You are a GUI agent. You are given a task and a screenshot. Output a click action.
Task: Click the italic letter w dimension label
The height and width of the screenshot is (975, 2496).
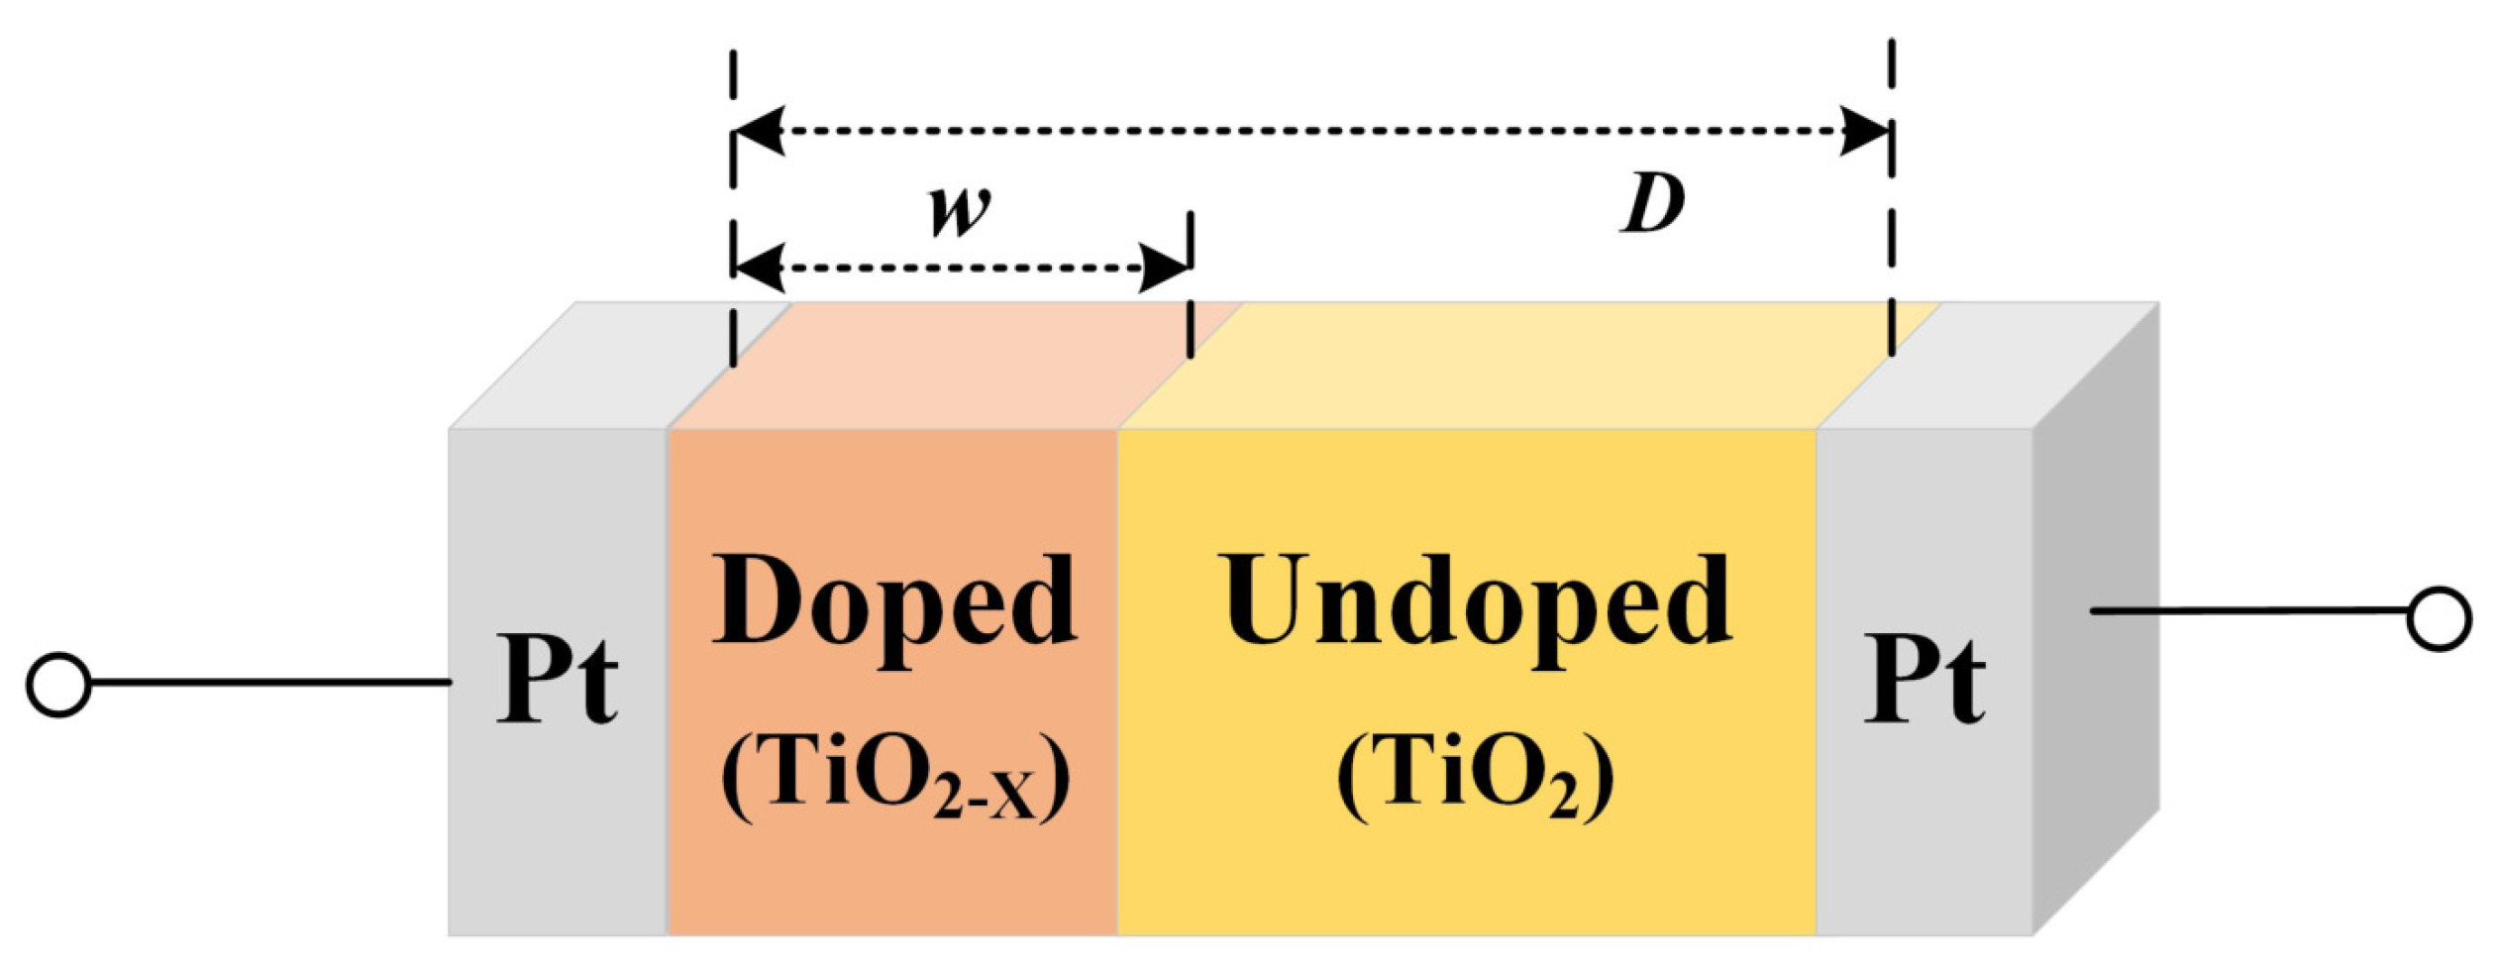(959, 209)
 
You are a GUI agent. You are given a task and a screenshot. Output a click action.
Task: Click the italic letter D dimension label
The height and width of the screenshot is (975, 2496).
(1653, 205)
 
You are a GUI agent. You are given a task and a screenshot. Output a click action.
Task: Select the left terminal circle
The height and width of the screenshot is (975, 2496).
(58, 684)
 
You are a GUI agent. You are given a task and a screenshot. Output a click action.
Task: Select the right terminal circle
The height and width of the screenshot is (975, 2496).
(2439, 619)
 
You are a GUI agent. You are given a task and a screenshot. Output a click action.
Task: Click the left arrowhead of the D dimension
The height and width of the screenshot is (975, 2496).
(759, 131)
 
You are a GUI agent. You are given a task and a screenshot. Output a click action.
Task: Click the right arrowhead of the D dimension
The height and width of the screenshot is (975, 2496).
(1865, 131)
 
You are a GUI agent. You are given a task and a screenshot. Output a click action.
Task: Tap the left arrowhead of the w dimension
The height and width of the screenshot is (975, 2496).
(759, 268)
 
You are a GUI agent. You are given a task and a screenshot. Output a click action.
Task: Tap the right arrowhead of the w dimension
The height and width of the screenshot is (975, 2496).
(1165, 268)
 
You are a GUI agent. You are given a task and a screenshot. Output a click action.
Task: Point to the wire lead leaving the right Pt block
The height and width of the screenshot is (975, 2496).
(2248, 611)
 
